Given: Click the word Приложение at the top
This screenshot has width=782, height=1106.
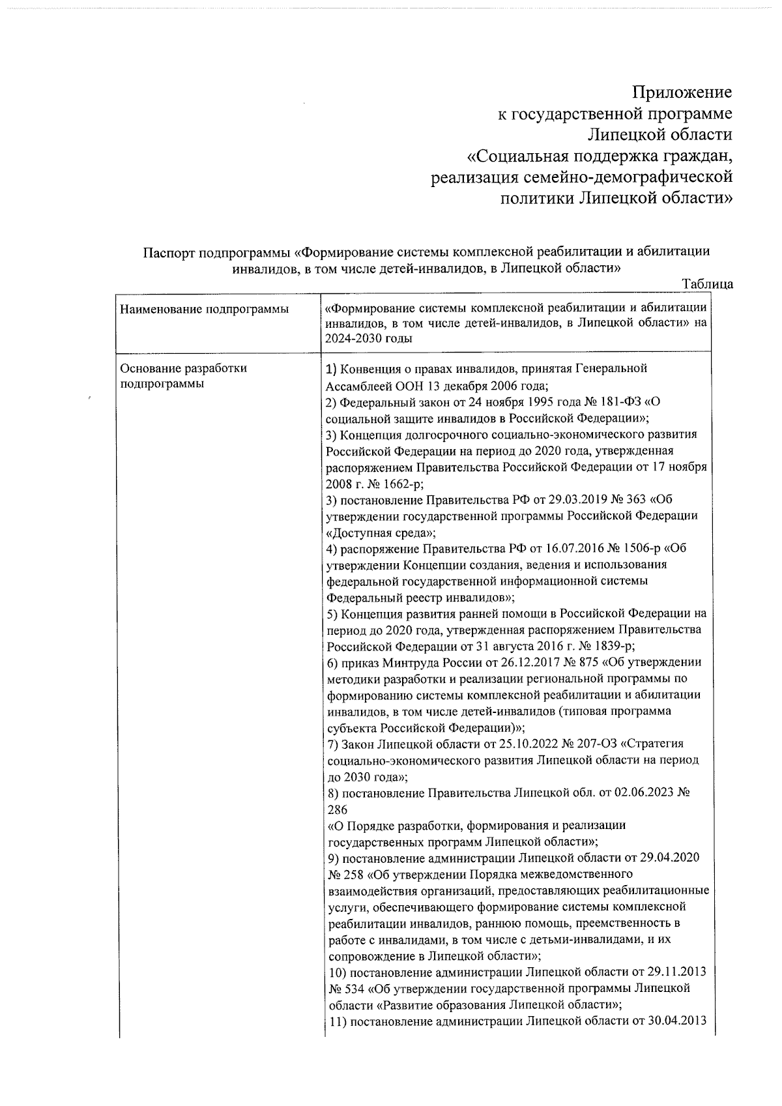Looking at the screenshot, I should pyautogui.click(x=684, y=93).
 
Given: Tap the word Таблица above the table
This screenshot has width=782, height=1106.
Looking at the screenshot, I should pyautogui.click(x=707, y=284).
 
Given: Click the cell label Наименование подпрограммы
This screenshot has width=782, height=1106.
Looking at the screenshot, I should pyautogui.click(x=205, y=309).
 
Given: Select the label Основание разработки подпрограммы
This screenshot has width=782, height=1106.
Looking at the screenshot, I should pyautogui.click(x=184, y=376).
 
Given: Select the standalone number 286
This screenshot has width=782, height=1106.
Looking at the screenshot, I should pyautogui.click(x=337, y=809).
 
